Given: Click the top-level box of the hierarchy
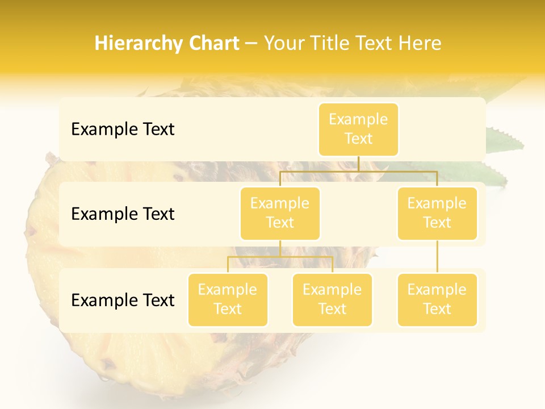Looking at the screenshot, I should pyautogui.click(x=358, y=130).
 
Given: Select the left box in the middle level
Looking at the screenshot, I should pyautogui.click(x=280, y=214).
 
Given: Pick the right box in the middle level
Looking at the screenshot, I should pyautogui.click(x=437, y=214).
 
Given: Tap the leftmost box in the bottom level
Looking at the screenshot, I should pyautogui.click(x=228, y=300).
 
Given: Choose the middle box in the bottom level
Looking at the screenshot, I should pyautogui.click(x=332, y=300).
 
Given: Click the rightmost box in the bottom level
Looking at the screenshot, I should pyautogui.click(x=437, y=300).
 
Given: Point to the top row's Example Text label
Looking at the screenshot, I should pyautogui.click(x=123, y=130).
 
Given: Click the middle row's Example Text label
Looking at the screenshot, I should pyautogui.click(x=123, y=214).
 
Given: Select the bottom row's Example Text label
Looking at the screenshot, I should pyautogui.click(x=123, y=300).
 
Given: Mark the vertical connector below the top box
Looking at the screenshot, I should pyautogui.click(x=358, y=163).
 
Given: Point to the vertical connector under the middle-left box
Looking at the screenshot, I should pyautogui.click(x=280, y=248).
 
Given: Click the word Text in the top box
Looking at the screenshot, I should pyautogui.click(x=358, y=139).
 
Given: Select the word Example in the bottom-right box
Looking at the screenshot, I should pyautogui.click(x=437, y=290).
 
